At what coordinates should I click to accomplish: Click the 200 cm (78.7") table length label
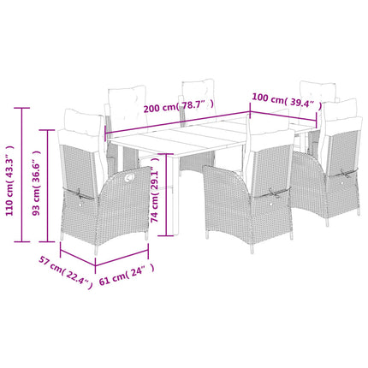point(178,106)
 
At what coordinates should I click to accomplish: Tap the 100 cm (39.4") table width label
point(287,101)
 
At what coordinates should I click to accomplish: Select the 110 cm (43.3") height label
point(9,181)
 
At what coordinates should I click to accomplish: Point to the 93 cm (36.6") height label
point(36,182)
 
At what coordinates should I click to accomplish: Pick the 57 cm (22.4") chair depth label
point(66,272)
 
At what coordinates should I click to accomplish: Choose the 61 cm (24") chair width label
point(127,275)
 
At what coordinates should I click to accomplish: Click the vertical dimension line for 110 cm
point(21,175)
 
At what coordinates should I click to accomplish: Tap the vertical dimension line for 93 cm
point(47,186)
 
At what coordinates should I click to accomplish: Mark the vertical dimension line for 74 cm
point(166,195)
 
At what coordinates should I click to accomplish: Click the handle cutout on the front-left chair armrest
point(129,177)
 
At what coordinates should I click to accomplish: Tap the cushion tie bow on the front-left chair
point(78,193)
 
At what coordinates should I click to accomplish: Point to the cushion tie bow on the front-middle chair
point(273,193)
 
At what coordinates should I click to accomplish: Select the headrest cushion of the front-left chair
point(83,122)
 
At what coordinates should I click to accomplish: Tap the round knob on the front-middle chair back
point(270,204)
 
